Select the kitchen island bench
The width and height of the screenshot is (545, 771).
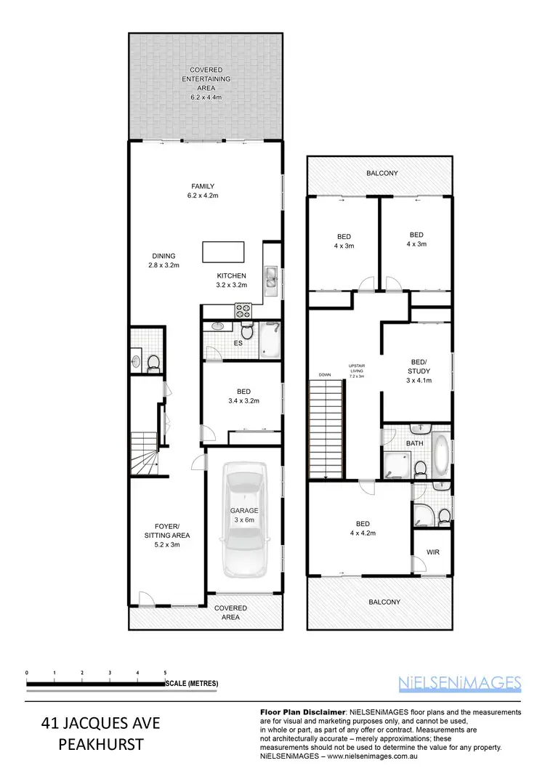(224, 251)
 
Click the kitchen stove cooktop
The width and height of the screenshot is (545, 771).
(242, 311)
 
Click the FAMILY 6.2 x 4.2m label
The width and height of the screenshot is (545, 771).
(203, 190)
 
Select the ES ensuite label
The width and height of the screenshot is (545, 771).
(237, 342)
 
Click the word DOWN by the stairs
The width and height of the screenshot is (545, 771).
(324, 375)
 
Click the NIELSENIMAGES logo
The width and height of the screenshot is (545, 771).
(460, 682)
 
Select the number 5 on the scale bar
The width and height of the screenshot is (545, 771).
(165, 673)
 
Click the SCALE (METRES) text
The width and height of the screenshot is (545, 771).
(192, 684)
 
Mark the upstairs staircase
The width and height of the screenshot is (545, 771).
(325, 432)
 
